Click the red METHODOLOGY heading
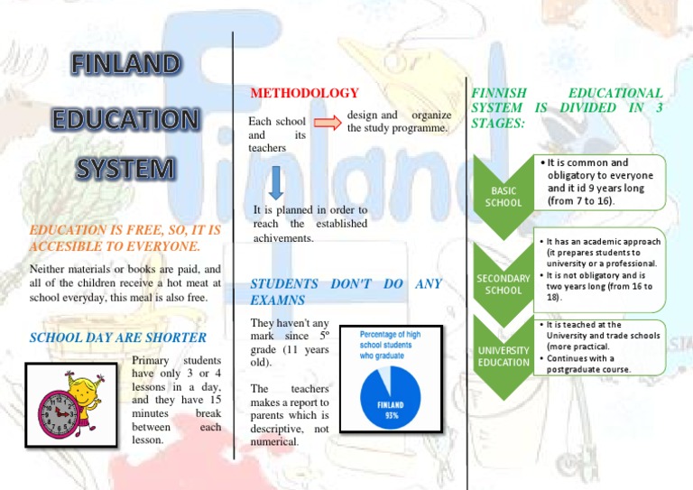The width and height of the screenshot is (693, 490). pos(304,93)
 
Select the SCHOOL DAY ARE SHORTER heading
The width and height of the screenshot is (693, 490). pos(118,338)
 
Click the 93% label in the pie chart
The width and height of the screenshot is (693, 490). pos(391,415)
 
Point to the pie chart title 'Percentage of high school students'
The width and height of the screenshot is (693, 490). pos(391,341)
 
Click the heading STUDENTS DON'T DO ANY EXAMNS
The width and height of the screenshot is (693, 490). pos(346,291)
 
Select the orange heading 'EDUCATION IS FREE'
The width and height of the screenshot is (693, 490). pos(125,238)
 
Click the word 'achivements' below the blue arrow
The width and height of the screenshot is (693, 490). pos(283,239)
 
